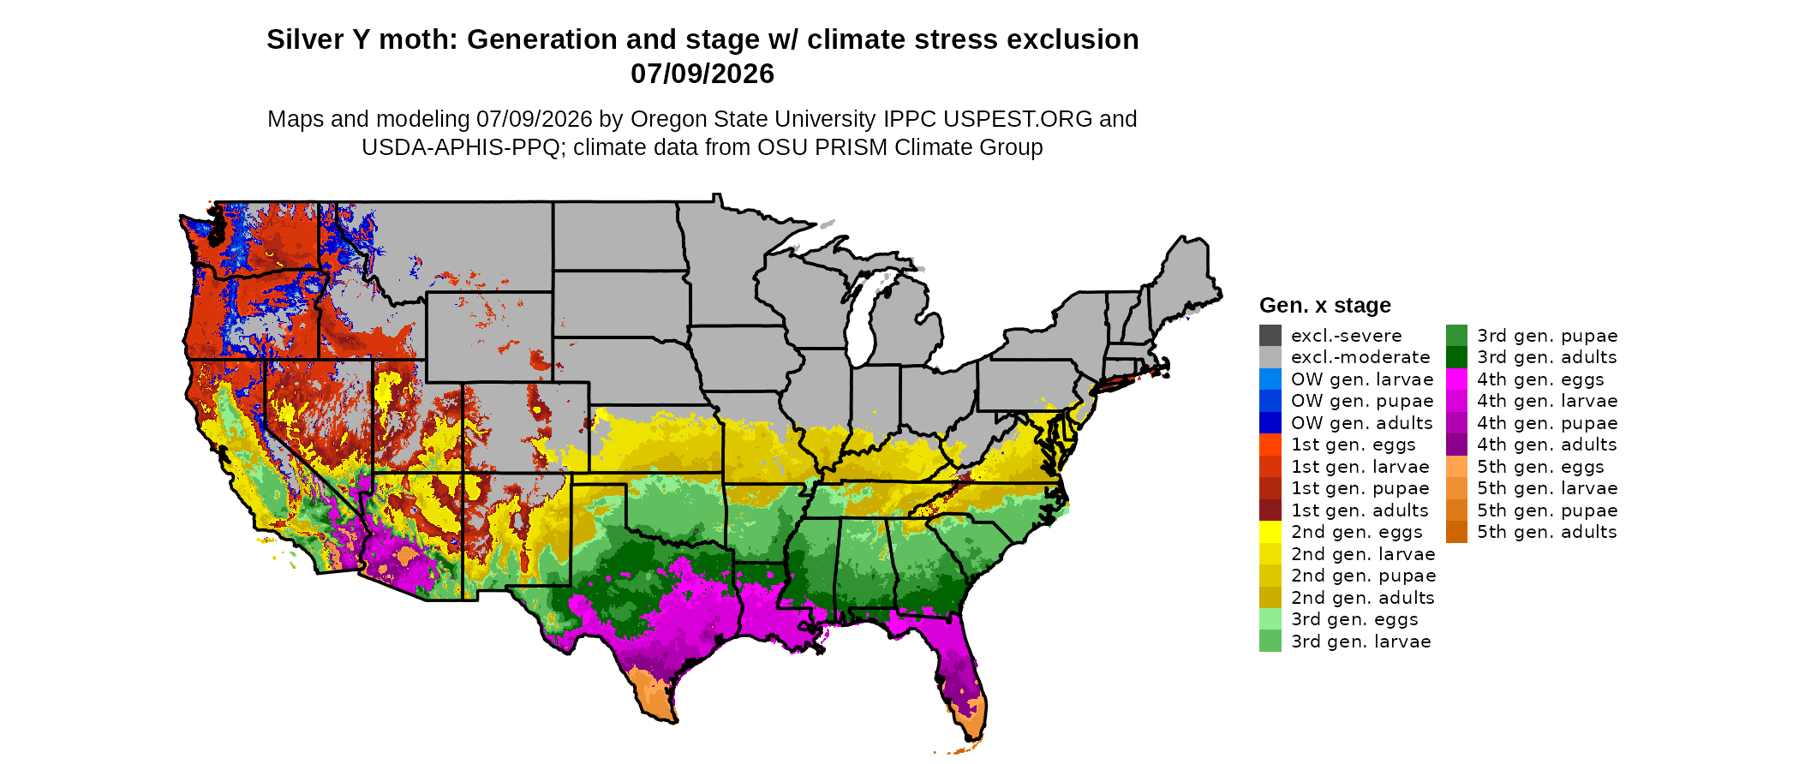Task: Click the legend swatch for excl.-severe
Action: (x=1270, y=335)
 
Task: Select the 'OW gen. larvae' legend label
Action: (x=1362, y=379)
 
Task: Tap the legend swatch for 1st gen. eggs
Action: (x=1270, y=445)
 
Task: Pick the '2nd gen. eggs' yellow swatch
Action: (x=1270, y=532)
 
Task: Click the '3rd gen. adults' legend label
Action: (x=1546, y=357)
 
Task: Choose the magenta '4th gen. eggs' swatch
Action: (x=1456, y=379)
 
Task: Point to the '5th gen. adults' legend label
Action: (x=1546, y=532)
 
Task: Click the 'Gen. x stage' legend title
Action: (x=1324, y=306)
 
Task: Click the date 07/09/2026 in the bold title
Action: (x=702, y=74)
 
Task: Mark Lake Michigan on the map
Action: (x=867, y=317)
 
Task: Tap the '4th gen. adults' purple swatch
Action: (x=1456, y=445)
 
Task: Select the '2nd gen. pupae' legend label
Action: (x=1363, y=576)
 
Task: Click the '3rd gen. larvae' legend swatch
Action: (x=1270, y=641)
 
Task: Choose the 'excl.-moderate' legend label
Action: (x=1360, y=357)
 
